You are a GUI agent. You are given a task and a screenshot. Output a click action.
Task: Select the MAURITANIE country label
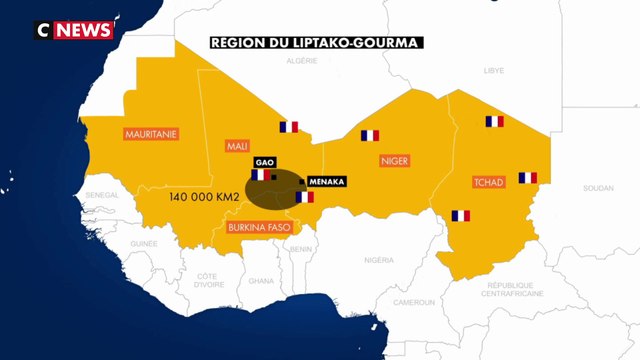[150, 133]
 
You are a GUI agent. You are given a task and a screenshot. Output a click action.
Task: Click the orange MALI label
[238, 147]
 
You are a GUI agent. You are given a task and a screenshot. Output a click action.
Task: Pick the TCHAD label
[487, 182]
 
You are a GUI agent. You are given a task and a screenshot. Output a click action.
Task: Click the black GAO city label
[265, 161]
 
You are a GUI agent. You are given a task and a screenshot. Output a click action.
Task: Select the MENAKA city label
[326, 181]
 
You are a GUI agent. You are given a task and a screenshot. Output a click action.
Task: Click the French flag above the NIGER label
[371, 135]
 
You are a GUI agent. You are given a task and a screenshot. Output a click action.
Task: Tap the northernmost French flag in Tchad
[494, 122]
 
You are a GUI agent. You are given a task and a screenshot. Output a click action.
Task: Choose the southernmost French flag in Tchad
[460, 215]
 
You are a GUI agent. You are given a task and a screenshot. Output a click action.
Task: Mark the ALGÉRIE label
[302, 60]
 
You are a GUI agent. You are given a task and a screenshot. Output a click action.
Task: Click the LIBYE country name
[494, 71]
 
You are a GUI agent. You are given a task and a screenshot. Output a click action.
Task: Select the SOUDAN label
[598, 188]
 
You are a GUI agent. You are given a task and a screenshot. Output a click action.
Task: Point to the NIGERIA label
[379, 259]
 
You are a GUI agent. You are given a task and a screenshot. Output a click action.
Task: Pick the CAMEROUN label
[413, 301]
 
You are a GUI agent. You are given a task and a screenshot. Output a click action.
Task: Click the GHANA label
[261, 281]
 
